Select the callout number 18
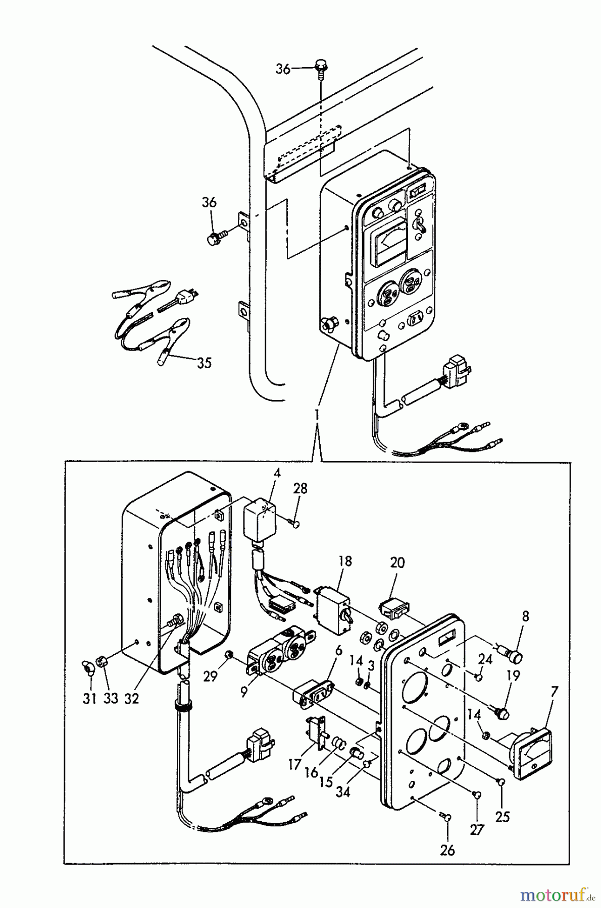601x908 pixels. tap(346, 561)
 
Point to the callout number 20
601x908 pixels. tap(397, 562)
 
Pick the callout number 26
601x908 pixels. tap(447, 850)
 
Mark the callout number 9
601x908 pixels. tap(243, 693)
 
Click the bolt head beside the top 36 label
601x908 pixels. tap(320, 65)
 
